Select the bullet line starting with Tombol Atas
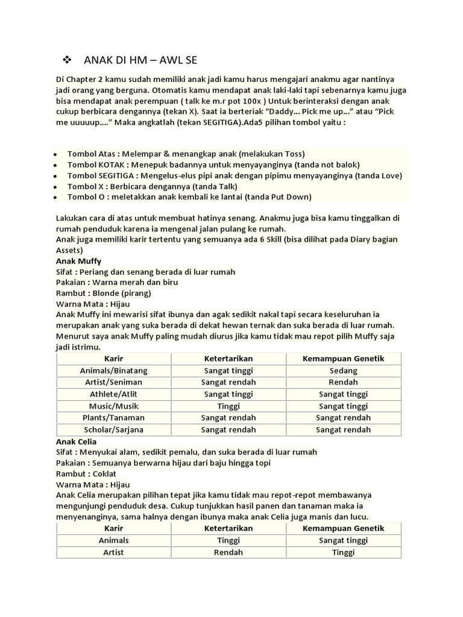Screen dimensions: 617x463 click(x=186, y=153)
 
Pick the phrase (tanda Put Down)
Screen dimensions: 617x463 click(x=280, y=197)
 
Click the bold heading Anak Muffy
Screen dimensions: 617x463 click(x=78, y=261)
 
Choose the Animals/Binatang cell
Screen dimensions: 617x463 click(x=113, y=370)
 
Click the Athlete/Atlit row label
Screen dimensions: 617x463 click(x=113, y=394)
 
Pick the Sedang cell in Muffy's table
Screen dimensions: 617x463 click(x=344, y=370)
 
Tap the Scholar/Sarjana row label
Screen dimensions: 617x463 click(x=113, y=430)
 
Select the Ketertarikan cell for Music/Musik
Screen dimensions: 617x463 click(x=228, y=406)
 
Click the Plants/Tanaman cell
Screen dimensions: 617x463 click(x=113, y=418)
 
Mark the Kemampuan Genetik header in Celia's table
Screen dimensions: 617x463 click(x=344, y=528)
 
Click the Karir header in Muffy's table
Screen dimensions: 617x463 click(x=113, y=359)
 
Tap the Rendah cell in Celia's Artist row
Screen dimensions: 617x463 click(x=228, y=552)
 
